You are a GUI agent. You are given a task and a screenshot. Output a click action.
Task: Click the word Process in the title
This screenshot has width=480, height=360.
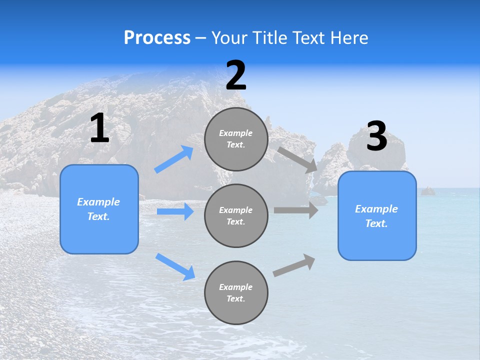[x=157, y=38]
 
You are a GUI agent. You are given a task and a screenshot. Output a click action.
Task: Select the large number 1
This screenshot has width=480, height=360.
[x=99, y=128]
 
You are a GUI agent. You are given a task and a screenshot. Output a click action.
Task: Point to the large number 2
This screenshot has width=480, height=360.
[x=236, y=75]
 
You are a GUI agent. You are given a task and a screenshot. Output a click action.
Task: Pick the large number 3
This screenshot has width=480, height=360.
[x=376, y=136]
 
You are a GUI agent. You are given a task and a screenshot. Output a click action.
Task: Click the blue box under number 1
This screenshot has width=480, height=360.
[x=99, y=209]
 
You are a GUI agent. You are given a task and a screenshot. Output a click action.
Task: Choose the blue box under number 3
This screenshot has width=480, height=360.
[x=377, y=215]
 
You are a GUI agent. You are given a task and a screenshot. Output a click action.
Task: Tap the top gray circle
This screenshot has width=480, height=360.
[x=236, y=139]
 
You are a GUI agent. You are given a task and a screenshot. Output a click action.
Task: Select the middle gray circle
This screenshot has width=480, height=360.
[x=236, y=215]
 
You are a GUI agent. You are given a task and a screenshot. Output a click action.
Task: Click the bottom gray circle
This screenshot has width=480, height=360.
[x=236, y=292]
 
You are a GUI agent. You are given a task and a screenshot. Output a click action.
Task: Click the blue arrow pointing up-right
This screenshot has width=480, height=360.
[x=174, y=159]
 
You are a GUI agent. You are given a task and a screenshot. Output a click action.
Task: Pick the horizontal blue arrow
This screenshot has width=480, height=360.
[x=175, y=211]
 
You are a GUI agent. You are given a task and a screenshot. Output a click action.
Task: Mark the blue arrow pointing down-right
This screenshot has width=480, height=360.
[x=175, y=266]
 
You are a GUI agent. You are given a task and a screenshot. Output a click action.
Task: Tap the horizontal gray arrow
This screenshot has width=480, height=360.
[x=296, y=210]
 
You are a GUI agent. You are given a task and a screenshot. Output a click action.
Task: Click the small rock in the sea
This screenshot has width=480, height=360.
[x=427, y=191]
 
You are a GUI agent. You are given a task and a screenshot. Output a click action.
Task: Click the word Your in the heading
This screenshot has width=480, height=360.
[x=229, y=38]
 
